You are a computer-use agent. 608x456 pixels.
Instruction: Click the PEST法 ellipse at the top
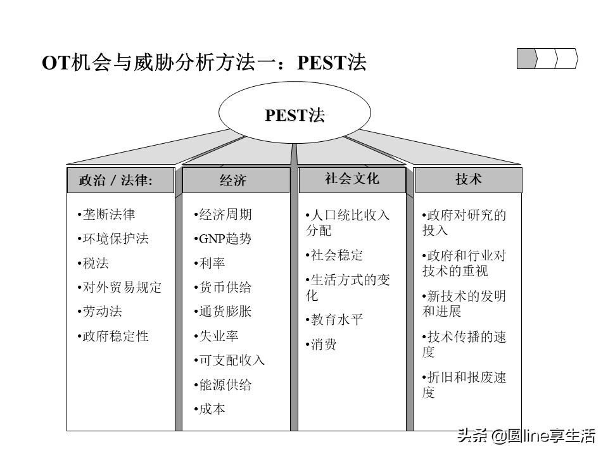(x=294, y=115)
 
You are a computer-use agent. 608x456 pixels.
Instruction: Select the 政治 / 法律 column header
(x=120, y=180)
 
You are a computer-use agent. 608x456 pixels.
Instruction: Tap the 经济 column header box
(x=236, y=180)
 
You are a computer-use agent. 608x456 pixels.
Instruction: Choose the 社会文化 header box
(x=352, y=180)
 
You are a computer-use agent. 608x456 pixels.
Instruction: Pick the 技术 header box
(x=469, y=180)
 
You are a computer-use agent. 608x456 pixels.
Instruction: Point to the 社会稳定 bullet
(x=336, y=255)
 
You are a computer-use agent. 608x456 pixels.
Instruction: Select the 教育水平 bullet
(x=336, y=320)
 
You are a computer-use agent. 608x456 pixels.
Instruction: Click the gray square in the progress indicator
(x=527, y=58)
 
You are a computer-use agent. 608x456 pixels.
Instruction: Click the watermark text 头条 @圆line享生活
(x=526, y=436)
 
